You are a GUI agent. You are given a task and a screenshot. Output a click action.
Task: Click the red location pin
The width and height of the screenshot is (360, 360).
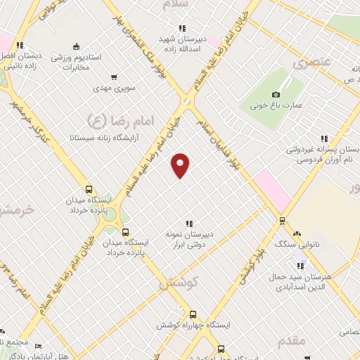pyautogui.click(x=181, y=165)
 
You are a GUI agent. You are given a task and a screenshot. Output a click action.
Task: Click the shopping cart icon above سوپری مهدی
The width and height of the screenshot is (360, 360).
pyautogui.click(x=115, y=77)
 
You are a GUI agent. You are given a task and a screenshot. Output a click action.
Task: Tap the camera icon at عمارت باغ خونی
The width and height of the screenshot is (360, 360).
pyautogui.click(x=276, y=94)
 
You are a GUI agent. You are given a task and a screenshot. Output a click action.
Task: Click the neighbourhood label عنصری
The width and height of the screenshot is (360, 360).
pyautogui.click(x=311, y=63)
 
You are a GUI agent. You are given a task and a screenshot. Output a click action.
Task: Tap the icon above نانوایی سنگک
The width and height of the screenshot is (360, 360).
pyautogui.click(x=297, y=233)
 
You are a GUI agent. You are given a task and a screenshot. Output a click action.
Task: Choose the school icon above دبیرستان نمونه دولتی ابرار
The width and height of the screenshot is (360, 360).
pyautogui.click(x=189, y=223)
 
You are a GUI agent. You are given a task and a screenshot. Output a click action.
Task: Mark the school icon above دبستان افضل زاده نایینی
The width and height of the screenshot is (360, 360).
pyautogui.click(x=21, y=46)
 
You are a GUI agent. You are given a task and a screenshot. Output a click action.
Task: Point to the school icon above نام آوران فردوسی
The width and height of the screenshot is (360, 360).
pyautogui.click(x=324, y=139)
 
